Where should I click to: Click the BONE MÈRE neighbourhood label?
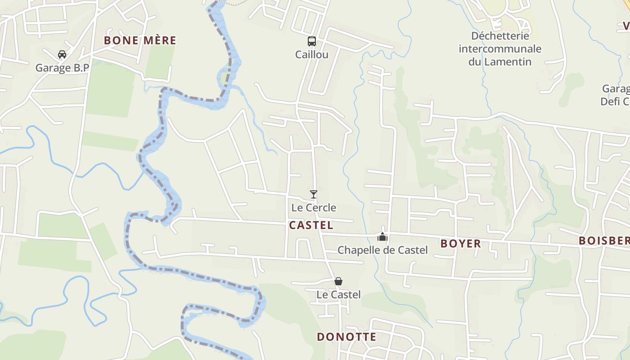[140, 40]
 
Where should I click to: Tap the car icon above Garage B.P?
[62, 54]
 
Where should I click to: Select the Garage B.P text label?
[62, 68]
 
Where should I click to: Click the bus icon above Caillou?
[311, 41]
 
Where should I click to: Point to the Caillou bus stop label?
[311, 55]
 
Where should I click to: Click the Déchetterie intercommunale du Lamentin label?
[500, 49]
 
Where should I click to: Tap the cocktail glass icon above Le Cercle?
[314, 194]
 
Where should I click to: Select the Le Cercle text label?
[314, 208]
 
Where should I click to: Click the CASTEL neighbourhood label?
[311, 225]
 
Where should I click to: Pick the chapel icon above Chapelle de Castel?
[382, 236]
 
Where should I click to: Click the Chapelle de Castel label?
[382, 250]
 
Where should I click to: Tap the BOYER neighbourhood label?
[461, 244]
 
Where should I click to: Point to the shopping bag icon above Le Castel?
[338, 281]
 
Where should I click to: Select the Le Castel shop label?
[338, 295]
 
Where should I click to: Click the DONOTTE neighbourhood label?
[346, 337]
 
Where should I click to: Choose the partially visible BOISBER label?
[604, 241]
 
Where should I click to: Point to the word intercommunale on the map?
[500, 49]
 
